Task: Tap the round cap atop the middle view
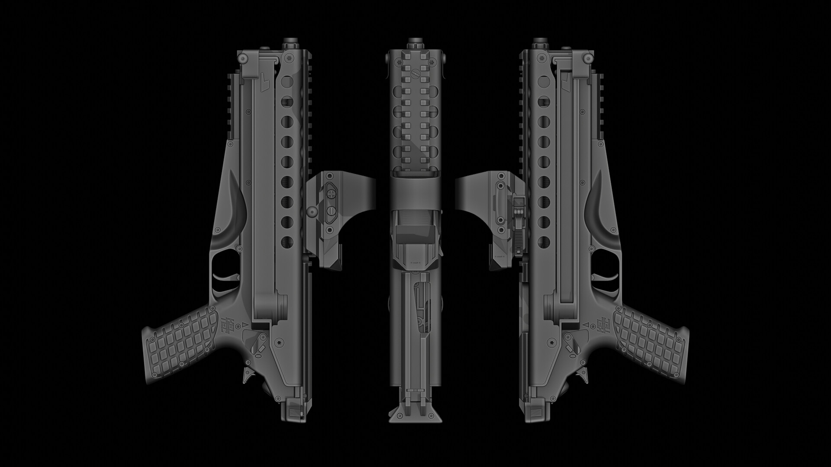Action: tap(415, 43)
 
